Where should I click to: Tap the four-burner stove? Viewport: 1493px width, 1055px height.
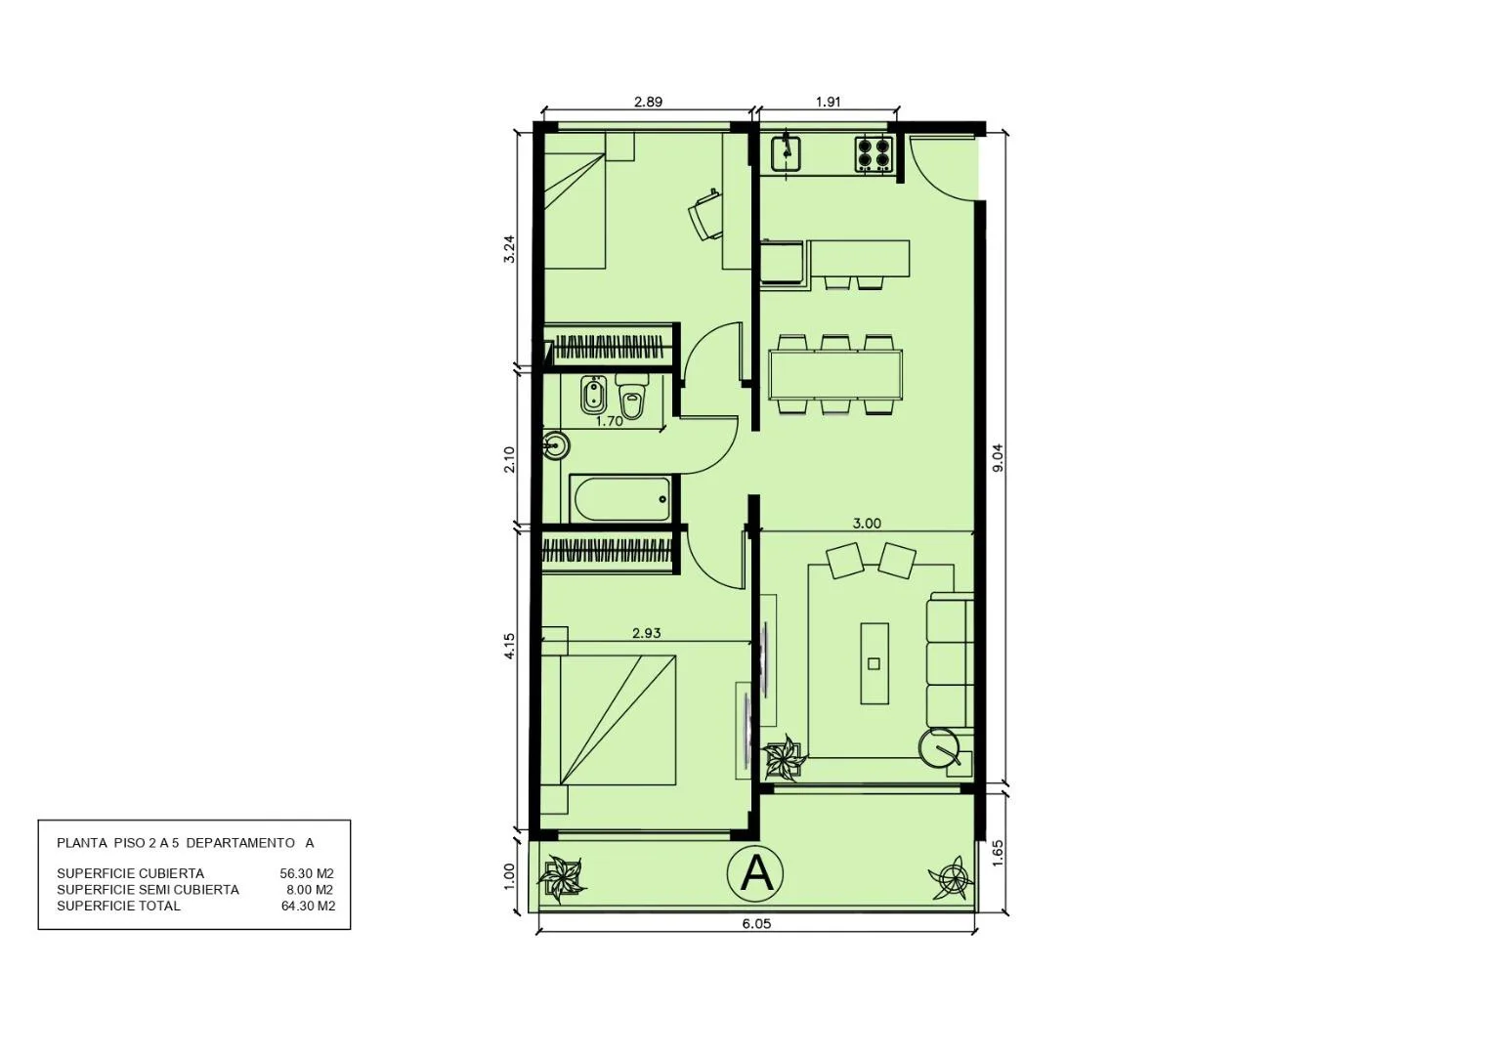[x=874, y=154]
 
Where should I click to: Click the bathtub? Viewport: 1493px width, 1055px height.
[x=619, y=499]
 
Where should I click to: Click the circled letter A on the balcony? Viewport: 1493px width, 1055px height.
[x=755, y=872]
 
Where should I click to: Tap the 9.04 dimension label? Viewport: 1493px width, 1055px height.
[x=997, y=458]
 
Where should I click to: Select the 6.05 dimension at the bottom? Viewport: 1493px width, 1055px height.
[x=756, y=924]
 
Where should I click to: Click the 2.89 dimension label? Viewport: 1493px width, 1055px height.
[x=648, y=102]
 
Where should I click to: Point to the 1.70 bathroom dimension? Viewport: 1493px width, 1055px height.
[x=609, y=421]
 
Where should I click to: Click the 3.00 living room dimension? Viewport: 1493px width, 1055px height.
[x=867, y=524]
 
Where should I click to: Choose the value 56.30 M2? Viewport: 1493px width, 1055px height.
[x=307, y=873]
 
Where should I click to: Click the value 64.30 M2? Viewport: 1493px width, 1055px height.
[x=308, y=906]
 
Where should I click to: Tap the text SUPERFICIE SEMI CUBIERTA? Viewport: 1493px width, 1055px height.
[x=148, y=890]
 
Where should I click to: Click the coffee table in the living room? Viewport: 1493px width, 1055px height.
[x=874, y=663]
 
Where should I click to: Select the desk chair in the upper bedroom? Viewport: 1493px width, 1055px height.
[x=705, y=215]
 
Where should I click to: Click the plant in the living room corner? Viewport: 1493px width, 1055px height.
[x=785, y=757]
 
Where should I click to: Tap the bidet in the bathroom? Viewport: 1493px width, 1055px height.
[x=591, y=396]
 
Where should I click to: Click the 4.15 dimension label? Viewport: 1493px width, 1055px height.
[x=509, y=646]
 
